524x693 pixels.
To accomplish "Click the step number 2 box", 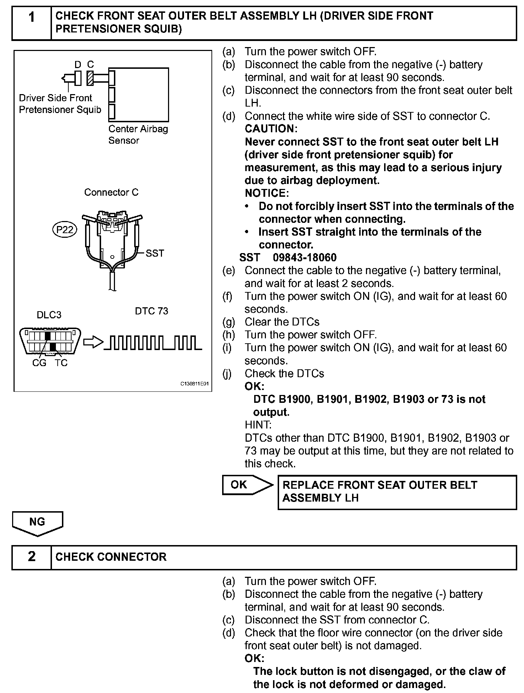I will click(32, 557).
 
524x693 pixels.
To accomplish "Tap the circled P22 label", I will click(65, 230).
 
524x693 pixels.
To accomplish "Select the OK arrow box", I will click(246, 485).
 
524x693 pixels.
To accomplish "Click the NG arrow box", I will click(37, 523).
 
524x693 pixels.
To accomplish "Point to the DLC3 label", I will click(49, 315).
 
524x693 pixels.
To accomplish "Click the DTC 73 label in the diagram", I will click(151, 311).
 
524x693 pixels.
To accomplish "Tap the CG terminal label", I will click(39, 363).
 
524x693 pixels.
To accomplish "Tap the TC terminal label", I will click(61, 363).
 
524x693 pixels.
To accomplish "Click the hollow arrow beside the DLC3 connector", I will click(93, 342).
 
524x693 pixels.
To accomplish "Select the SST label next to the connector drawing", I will click(155, 253).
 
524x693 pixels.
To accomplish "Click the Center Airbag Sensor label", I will click(138, 134).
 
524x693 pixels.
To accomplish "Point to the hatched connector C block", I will click(90, 78).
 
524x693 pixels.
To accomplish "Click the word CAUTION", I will click(271, 129).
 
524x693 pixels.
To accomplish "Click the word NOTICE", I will click(267, 193).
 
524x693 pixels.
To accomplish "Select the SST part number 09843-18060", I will click(305, 257).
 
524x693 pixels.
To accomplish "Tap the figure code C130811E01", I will click(194, 384).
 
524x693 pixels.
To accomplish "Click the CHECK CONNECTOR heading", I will click(111, 557).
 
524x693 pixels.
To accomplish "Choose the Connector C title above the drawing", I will click(111, 192).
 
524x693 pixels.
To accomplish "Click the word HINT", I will click(258, 425).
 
